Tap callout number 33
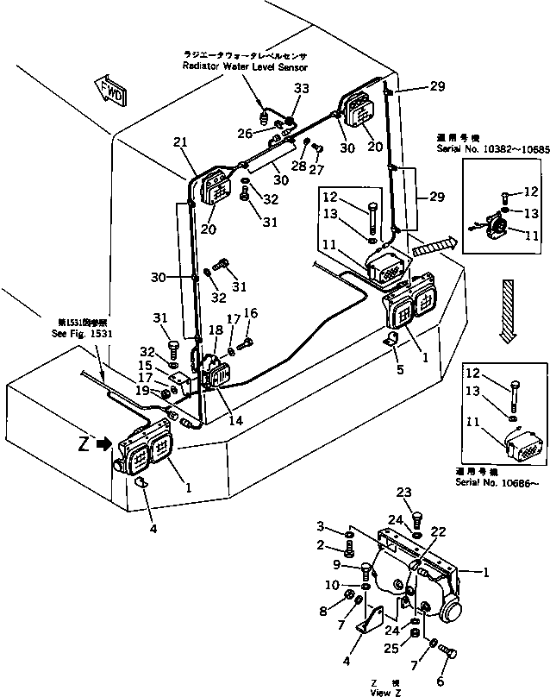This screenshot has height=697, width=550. (x=301, y=89)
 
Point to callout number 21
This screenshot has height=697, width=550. (x=179, y=141)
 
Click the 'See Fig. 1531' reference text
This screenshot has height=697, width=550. (x=81, y=333)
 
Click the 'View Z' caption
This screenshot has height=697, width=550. (x=380, y=692)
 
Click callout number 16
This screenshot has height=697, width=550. (x=250, y=313)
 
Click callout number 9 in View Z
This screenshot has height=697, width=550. (x=339, y=565)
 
